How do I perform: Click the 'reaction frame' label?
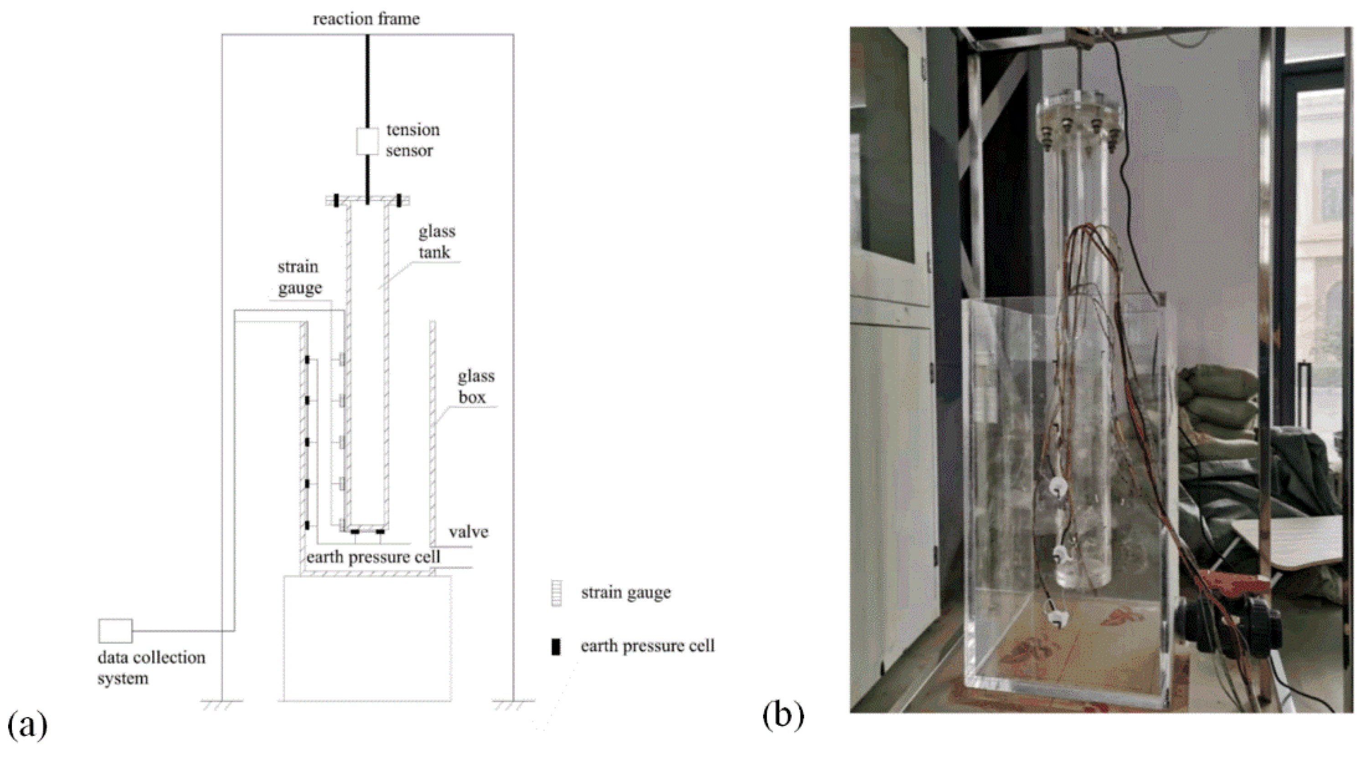tap(366, 19)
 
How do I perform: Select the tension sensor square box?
tap(367, 140)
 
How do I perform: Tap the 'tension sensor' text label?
tap(412, 140)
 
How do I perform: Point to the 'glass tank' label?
tap(437, 241)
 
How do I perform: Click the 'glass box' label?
tap(475, 386)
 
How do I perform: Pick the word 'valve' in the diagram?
tap(469, 532)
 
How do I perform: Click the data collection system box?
tap(115, 631)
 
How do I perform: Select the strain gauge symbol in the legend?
tap(556, 594)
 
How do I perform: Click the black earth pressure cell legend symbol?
tap(555, 647)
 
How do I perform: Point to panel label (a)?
tap(27, 725)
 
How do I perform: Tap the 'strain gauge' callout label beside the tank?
tap(299, 277)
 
